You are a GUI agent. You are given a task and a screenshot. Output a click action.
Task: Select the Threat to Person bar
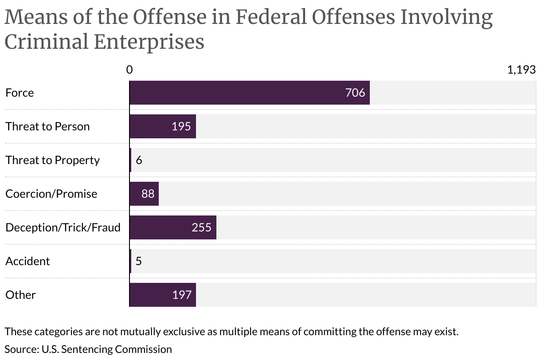162,126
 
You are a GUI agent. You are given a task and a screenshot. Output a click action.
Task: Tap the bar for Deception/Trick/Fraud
172,227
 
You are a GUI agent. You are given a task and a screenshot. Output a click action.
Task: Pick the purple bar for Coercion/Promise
144,194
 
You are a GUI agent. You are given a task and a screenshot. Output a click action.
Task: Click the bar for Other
162,295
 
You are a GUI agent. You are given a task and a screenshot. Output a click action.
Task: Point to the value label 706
355,93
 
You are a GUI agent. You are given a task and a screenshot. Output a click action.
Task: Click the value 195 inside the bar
181,126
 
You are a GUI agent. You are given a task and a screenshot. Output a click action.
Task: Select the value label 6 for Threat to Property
139,160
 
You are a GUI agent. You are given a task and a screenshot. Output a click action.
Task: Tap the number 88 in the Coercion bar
148,194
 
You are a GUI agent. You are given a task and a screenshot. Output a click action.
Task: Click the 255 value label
201,227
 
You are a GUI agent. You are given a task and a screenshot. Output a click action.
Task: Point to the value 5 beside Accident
138,261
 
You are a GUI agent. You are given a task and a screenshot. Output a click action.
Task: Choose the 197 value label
181,295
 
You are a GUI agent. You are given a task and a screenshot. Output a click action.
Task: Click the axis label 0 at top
129,70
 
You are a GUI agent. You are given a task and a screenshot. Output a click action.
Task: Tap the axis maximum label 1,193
521,70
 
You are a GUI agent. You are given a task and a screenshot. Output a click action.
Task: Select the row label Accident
27,261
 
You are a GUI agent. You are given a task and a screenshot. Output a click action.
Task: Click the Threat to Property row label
52,160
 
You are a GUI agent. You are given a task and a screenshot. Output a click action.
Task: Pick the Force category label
20,93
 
